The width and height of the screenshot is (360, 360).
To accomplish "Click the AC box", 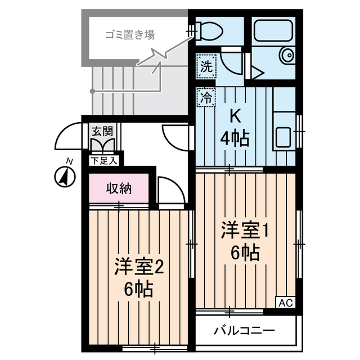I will pyautogui.click(x=286, y=303).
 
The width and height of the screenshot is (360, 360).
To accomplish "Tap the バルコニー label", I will pyautogui.click(x=244, y=330).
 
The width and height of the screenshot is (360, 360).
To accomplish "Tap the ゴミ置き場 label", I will pyautogui.click(x=130, y=35).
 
